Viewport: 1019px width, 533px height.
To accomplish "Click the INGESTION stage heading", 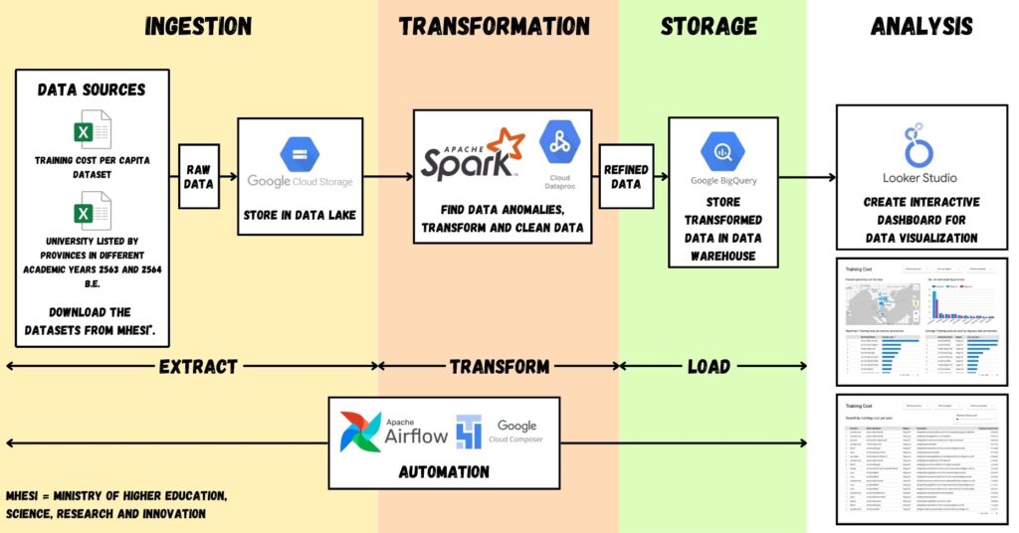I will point(198,26).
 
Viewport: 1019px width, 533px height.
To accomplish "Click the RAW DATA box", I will point(198,177).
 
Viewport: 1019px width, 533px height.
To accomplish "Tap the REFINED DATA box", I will point(626,177).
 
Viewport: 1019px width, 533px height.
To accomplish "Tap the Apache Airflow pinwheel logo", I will point(359,432).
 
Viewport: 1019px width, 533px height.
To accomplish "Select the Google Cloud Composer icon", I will point(469,432).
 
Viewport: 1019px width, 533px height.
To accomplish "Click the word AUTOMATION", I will point(443,472).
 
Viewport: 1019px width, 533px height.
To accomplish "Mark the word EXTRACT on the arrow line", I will point(198,367).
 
